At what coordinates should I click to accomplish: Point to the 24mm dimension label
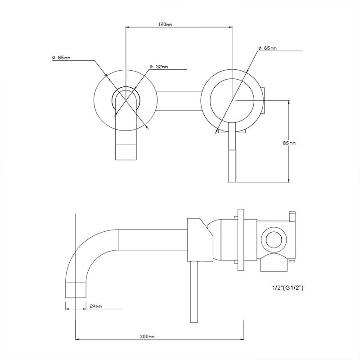(x=95, y=306)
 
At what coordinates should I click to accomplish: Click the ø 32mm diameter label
(x=159, y=67)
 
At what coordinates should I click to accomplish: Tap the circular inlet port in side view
(x=273, y=239)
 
